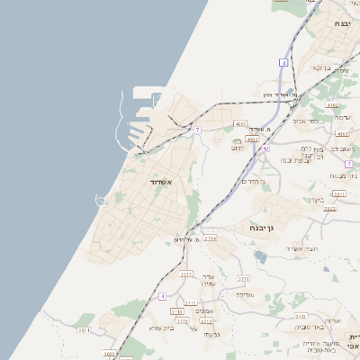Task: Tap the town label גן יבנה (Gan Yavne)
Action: pos(263,229)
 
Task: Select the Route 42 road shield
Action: pos(266,148)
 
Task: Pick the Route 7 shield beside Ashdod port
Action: pos(196,130)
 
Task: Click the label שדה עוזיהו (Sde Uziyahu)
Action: pos(208,279)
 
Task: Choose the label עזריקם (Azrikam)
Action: pos(245,294)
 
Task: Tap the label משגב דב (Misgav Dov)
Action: pos(342,149)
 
